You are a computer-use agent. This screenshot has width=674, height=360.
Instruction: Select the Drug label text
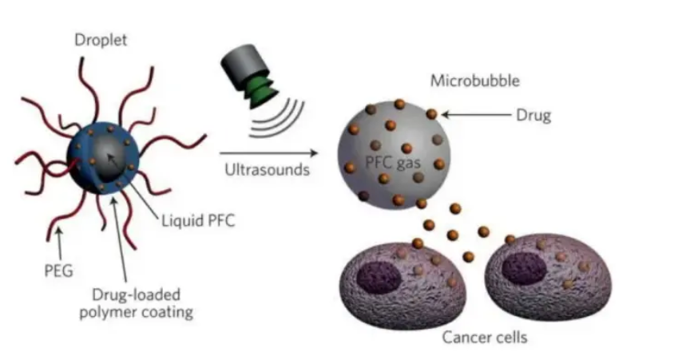click(533, 116)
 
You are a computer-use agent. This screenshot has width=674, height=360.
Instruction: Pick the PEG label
click(59, 271)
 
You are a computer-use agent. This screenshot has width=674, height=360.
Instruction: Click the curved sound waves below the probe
click(271, 120)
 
